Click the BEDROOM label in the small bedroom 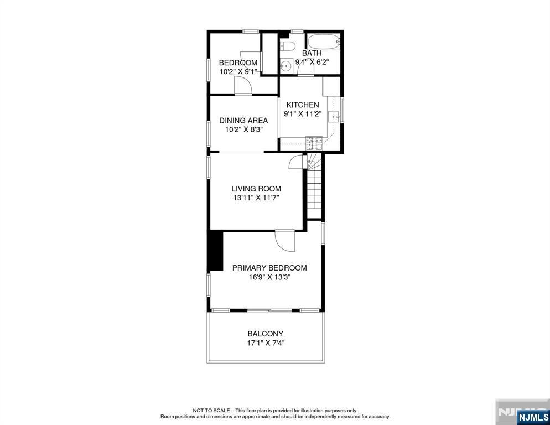pyautogui.click(x=238, y=63)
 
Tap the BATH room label pyautogui.click(x=312, y=53)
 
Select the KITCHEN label pyautogui.click(x=303, y=105)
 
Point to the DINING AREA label pyautogui.click(x=243, y=121)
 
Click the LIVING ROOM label pyautogui.click(x=256, y=189)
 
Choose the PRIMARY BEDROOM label pyautogui.click(x=269, y=268)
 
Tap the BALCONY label pyautogui.click(x=265, y=334)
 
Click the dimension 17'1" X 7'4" pyautogui.click(x=265, y=343)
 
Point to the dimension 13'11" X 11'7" pyautogui.click(x=256, y=198)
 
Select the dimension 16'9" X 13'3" pyautogui.click(x=269, y=277)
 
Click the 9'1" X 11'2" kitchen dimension pyautogui.click(x=303, y=113)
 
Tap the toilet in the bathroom pyautogui.click(x=288, y=45)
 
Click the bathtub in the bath pyautogui.click(x=324, y=42)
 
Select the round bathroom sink pyautogui.click(x=286, y=65)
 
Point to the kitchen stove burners pyautogui.click(x=314, y=143)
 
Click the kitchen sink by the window pyautogui.click(x=334, y=116)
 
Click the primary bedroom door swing pyautogui.click(x=285, y=241)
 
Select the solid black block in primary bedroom pyautogui.click(x=215, y=251)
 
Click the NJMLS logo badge pyautogui.click(x=533, y=417)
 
